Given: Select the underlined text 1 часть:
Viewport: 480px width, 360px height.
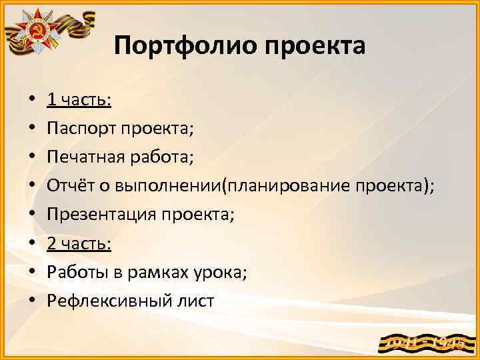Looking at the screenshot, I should tap(79, 100).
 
